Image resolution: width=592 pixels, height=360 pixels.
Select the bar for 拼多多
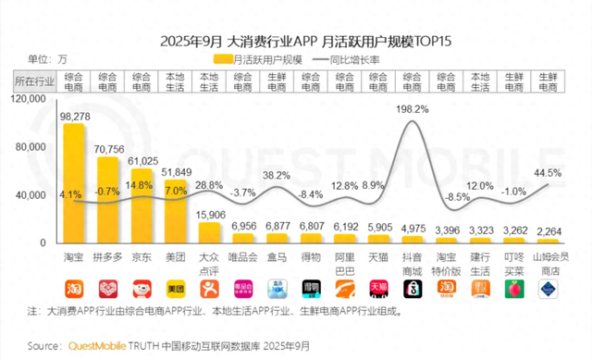pos(108,200)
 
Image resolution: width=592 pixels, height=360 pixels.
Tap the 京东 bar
pos(142,205)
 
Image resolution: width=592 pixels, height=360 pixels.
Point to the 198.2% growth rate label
pos(412,108)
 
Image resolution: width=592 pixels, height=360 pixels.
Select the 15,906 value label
pos(211,215)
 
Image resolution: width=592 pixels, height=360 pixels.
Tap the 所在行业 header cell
pos(34,81)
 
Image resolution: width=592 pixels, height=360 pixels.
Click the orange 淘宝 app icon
pos(73,289)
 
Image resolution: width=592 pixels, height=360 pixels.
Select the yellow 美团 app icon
pos(176,289)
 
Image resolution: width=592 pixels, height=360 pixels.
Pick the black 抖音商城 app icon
pos(412,289)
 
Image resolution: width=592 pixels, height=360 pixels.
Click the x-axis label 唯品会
pos(244,254)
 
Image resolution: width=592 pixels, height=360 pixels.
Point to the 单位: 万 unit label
pos(41,59)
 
